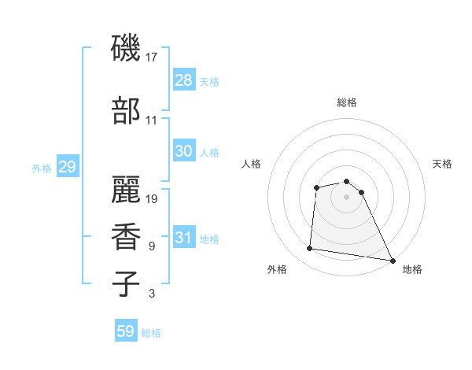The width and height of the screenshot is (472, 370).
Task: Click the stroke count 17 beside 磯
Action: pyautogui.click(x=152, y=57)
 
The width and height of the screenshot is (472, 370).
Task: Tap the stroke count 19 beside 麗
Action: pyautogui.click(x=152, y=198)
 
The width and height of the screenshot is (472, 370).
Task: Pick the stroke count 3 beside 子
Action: pyautogui.click(x=152, y=294)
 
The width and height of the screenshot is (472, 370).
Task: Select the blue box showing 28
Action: pyautogui.click(x=184, y=80)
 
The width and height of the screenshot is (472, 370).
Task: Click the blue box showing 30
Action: pyautogui.click(x=184, y=151)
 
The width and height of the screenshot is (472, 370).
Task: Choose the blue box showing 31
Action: pyautogui.click(x=184, y=238)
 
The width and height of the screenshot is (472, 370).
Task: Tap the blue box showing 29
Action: pyautogui.click(x=67, y=167)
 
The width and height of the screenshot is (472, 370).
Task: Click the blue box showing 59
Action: pyautogui.click(x=126, y=331)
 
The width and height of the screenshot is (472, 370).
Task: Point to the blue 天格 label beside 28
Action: pyautogui.click(x=209, y=82)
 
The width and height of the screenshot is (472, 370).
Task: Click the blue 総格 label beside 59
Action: pyautogui.click(x=151, y=333)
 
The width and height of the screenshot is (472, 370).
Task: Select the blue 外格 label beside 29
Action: pyautogui.click(x=42, y=168)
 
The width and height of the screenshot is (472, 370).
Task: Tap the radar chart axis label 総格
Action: pyautogui.click(x=346, y=102)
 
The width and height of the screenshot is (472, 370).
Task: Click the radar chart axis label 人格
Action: pyautogui.click(x=252, y=164)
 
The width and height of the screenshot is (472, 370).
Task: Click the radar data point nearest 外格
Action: pyautogui.click(x=310, y=249)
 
